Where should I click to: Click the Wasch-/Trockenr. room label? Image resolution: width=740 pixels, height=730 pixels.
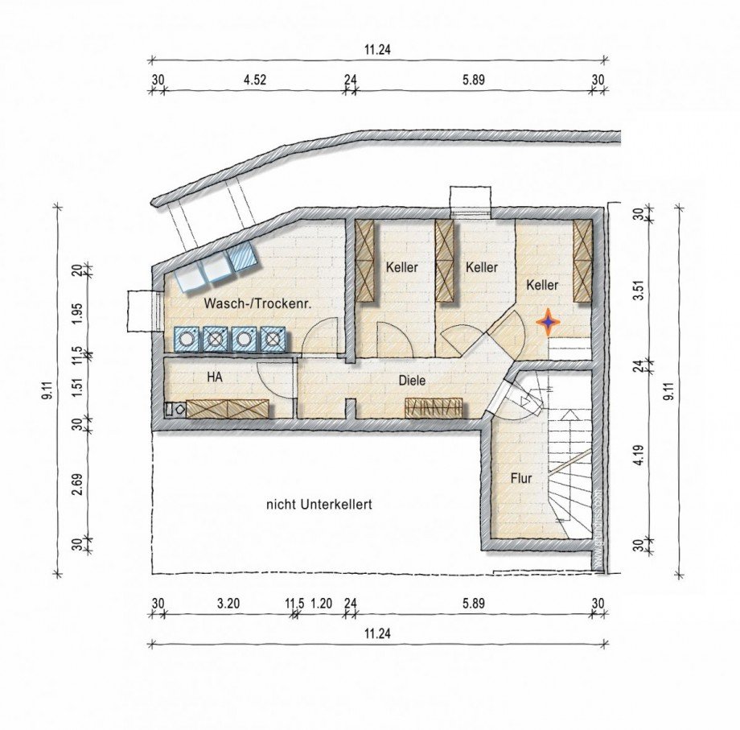click(x=257, y=304)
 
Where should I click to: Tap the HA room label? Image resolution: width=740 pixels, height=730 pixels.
click(x=215, y=376)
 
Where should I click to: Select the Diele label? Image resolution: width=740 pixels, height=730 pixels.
click(x=412, y=381)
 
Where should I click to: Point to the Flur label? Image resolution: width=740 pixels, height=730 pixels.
click(x=521, y=478)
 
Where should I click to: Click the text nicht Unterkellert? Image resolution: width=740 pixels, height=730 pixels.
click(x=319, y=505)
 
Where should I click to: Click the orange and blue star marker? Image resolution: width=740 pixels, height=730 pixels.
click(x=548, y=322)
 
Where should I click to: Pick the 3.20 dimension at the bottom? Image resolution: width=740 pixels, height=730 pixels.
click(x=228, y=603)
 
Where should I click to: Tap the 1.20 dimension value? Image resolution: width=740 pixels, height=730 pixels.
click(x=321, y=603)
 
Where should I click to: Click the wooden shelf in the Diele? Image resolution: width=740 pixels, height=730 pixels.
click(x=435, y=407)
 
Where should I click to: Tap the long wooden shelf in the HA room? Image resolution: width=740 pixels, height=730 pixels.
click(x=228, y=408)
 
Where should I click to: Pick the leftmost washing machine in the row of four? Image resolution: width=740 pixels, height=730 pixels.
click(x=187, y=339)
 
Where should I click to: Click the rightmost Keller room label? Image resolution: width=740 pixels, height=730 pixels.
click(x=542, y=285)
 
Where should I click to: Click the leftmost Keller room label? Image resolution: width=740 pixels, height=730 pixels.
click(x=401, y=267)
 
